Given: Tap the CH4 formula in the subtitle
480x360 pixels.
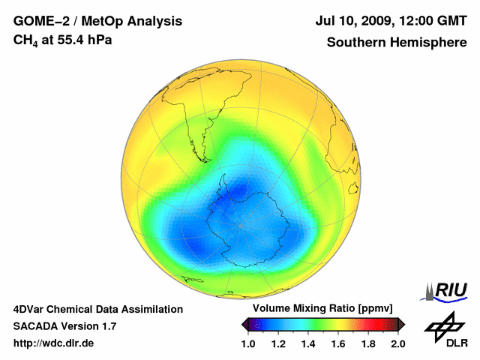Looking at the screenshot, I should [25, 40].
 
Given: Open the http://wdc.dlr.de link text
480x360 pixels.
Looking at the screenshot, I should [54, 343].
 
